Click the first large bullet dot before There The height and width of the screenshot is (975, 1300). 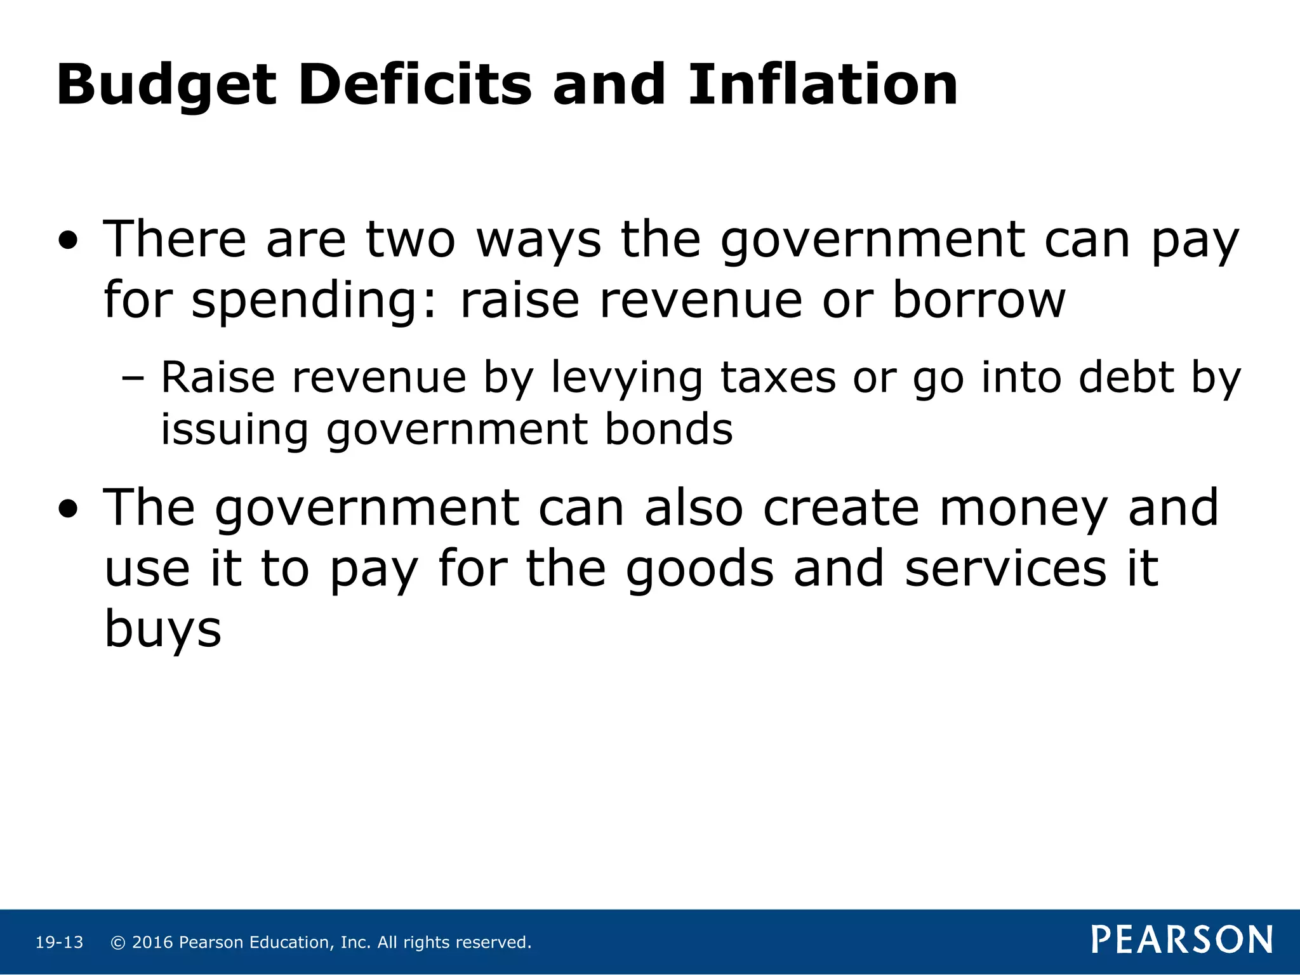[x=68, y=241]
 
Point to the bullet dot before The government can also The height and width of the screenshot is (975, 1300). [x=68, y=509]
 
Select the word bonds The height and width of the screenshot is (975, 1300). [x=668, y=430]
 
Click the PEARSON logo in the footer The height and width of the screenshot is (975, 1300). [x=1182, y=939]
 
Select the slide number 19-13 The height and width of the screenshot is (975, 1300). [x=59, y=943]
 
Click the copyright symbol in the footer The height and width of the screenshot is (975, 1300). [x=117, y=943]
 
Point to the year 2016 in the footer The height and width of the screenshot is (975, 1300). [x=152, y=943]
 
